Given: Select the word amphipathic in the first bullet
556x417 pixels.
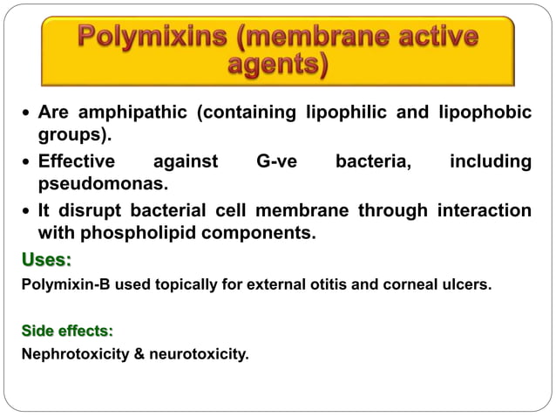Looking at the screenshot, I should click(137, 113).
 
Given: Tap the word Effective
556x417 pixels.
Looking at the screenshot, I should click(77, 161).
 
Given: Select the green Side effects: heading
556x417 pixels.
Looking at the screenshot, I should click(67, 331).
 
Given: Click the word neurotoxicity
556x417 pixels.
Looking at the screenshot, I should click(198, 355).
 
